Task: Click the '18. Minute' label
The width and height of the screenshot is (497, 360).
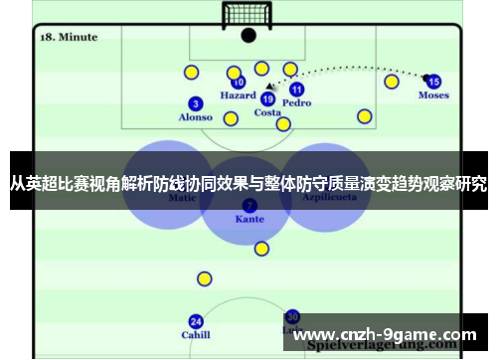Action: point(69,37)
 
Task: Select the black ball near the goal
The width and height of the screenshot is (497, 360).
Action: point(248,35)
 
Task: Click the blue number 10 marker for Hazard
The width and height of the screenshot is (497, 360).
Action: point(239,83)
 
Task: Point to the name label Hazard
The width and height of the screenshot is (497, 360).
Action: point(239,96)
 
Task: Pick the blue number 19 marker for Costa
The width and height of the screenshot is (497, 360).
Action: point(267,98)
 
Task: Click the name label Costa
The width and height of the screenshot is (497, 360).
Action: point(267,112)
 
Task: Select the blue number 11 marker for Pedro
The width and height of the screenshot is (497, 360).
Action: point(296,89)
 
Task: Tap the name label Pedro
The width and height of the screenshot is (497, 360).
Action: point(296,102)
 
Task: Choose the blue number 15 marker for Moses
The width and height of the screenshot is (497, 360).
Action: point(433,82)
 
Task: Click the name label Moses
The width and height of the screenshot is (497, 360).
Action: point(433,95)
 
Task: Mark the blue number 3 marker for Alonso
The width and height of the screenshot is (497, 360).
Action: point(196,103)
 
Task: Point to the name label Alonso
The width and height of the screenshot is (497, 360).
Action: point(196,117)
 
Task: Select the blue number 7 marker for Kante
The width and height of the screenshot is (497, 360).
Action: point(249,204)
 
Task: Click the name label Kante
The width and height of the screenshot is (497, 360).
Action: point(249,218)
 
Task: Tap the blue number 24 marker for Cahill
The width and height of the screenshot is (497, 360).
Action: point(196,321)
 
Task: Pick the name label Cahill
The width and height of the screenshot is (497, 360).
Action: point(196,335)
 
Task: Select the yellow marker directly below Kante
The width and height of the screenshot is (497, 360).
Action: point(261,249)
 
